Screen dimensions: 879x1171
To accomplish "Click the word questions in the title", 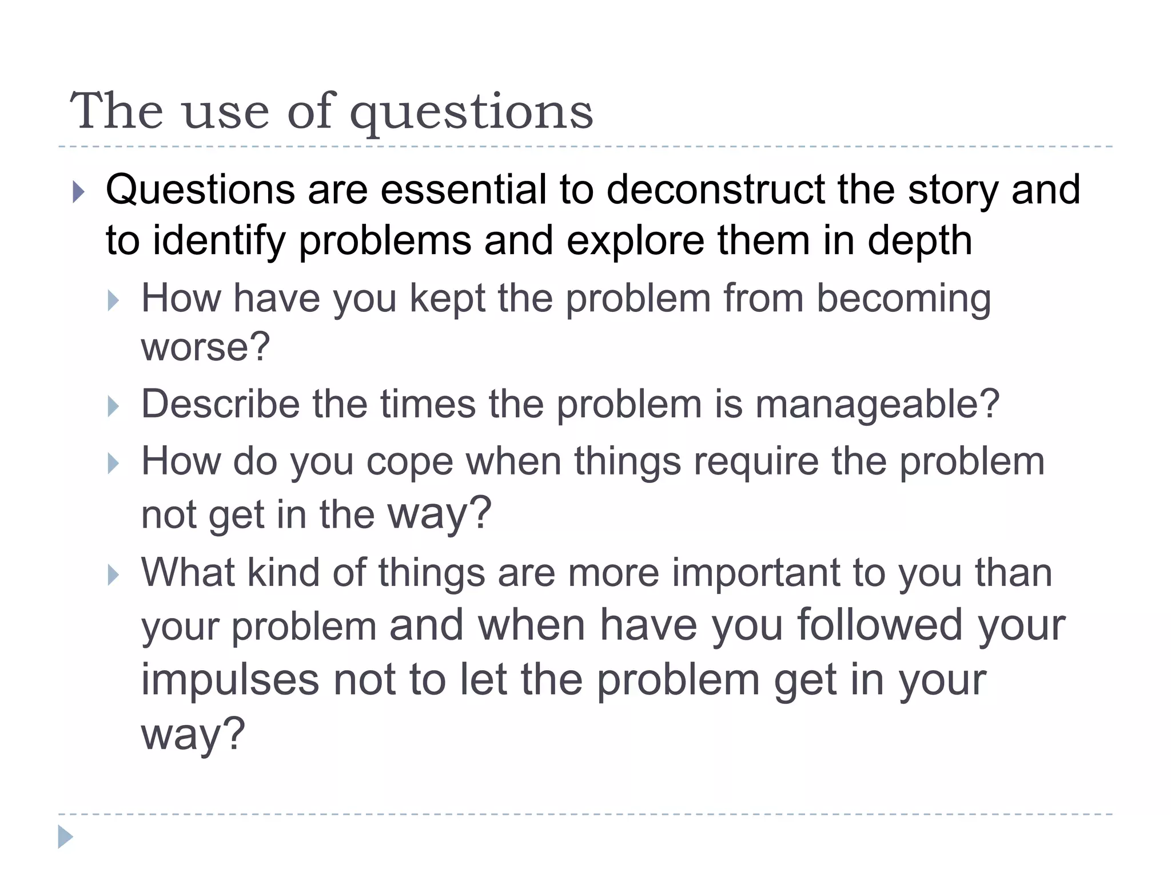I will click(x=471, y=112).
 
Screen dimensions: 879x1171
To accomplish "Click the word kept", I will click(x=447, y=298).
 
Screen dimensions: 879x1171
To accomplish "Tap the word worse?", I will click(x=205, y=347).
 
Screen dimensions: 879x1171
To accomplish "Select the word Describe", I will click(x=220, y=404).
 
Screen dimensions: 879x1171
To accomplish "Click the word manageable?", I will click(x=877, y=404).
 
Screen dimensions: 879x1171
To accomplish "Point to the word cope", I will click(x=409, y=461).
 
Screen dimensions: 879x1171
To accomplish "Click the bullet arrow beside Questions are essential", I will click(x=79, y=192).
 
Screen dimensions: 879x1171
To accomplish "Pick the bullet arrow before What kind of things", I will click(x=113, y=575).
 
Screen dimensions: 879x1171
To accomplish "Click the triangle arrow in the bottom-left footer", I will click(x=65, y=837).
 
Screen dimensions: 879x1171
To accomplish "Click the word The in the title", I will click(x=117, y=111).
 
